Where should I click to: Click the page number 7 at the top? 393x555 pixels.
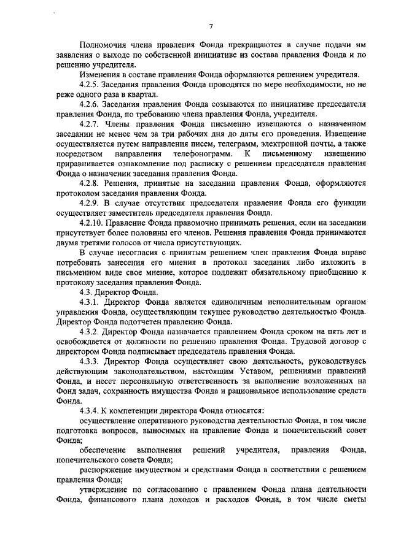210,26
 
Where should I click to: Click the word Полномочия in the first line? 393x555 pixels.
106,44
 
